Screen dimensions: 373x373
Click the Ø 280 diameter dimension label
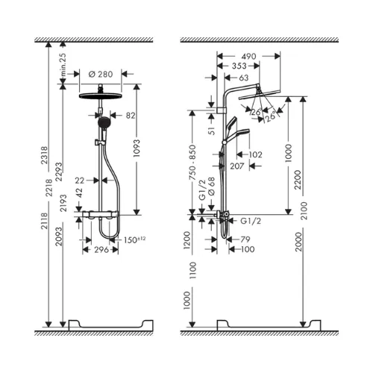pyautogui.click(x=101, y=74)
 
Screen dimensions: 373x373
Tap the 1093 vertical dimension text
pyautogui.click(x=137, y=148)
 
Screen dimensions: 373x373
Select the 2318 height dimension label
pyautogui.click(x=45, y=155)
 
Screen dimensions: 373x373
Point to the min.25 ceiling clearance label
pyautogui.click(x=63, y=65)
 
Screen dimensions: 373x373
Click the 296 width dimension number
pyautogui.click(x=101, y=250)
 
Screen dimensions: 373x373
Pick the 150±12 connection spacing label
pyautogui.click(x=134, y=239)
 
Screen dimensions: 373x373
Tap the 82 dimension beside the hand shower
pyautogui.click(x=131, y=116)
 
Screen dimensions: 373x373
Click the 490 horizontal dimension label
pyautogui.click(x=248, y=57)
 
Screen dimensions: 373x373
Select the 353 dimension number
pyautogui.click(x=239, y=66)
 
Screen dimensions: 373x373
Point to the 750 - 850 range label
pyautogui.click(x=192, y=162)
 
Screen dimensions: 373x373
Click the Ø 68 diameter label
pyautogui.click(x=211, y=186)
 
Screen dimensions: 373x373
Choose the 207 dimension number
pyautogui.click(x=237, y=166)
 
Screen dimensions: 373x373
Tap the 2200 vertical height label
pyautogui.click(x=298, y=180)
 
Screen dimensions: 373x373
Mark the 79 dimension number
pyautogui.click(x=245, y=239)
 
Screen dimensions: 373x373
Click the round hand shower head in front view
pyautogui.click(x=104, y=122)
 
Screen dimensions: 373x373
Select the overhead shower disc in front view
pyautogui.click(x=100, y=95)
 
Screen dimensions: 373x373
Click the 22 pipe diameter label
pyautogui.click(x=80, y=181)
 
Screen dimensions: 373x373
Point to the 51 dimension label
pyautogui.click(x=212, y=130)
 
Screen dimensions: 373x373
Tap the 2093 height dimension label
pyautogui.click(x=59, y=236)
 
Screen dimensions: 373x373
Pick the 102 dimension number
pyautogui.click(x=255, y=154)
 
